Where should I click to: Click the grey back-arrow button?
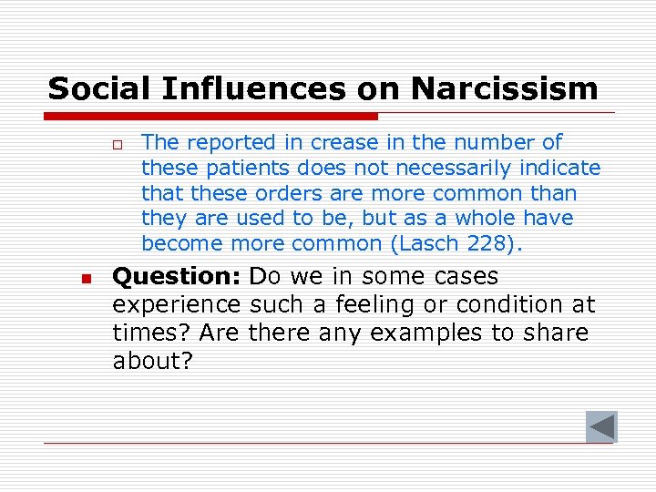[601, 426]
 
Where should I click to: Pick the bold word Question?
[178, 276]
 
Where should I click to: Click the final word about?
[153, 361]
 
